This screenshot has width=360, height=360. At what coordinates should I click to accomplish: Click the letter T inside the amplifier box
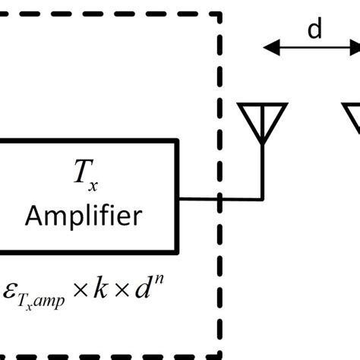(x=80, y=176)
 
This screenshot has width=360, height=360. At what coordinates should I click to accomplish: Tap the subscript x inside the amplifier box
(x=93, y=185)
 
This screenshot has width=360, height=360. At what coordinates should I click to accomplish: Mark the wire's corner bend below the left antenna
(x=263, y=201)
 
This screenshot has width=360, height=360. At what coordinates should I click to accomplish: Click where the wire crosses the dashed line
(x=221, y=201)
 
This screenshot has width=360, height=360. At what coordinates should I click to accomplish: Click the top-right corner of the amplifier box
(x=178, y=141)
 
